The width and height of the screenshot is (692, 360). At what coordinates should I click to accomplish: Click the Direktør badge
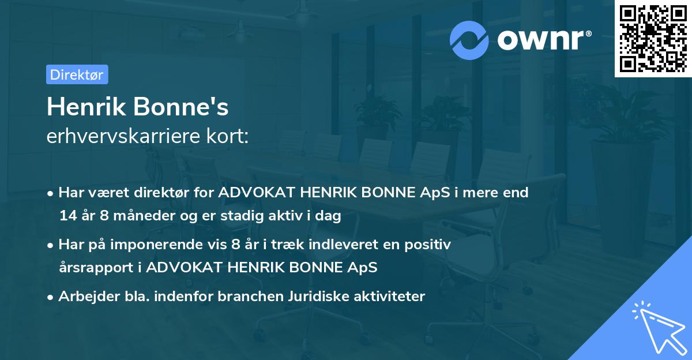point(77,74)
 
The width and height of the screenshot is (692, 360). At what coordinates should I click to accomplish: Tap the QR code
point(653,39)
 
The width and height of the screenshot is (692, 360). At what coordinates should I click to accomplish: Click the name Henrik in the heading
point(86,107)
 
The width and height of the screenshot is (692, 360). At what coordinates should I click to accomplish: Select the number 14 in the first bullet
point(67,216)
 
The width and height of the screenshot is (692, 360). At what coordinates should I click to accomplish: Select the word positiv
point(430,245)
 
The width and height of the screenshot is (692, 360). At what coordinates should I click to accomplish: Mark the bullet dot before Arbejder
point(51,297)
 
